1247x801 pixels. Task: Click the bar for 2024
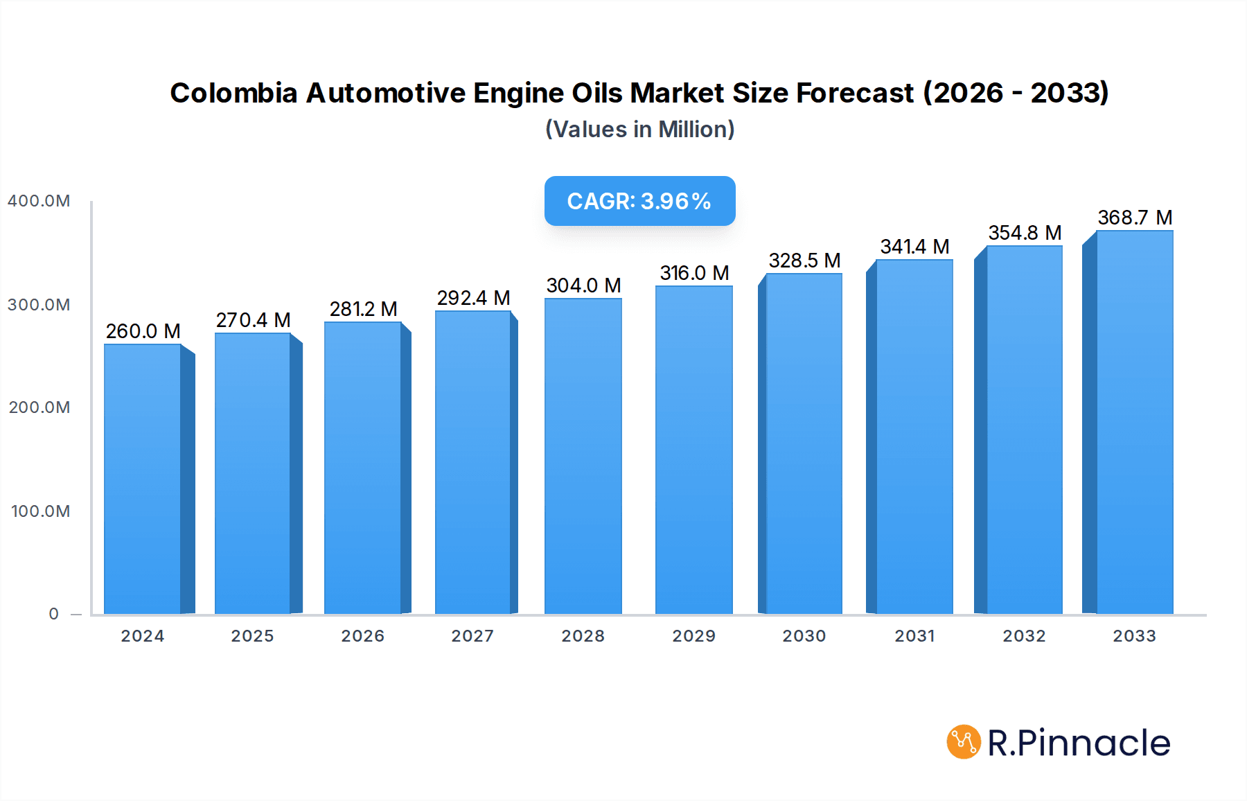point(143,478)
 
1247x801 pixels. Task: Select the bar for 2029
point(693,450)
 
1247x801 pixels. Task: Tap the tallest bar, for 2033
point(1134,423)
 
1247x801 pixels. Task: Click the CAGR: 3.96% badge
point(639,201)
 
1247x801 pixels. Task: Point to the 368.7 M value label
point(1135,218)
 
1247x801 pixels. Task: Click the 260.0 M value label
point(143,331)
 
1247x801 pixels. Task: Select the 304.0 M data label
point(583,285)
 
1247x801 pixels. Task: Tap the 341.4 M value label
point(914,247)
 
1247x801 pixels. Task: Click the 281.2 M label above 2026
point(363,309)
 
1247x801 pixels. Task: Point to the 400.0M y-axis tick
point(39,201)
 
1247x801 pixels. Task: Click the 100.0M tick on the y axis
point(40,511)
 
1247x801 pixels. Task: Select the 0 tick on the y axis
point(54,614)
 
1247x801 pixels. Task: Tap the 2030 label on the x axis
point(804,636)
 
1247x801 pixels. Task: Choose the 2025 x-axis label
point(252,636)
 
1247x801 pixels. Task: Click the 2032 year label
point(1024,636)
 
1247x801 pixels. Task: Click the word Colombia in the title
point(233,93)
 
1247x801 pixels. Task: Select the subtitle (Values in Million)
point(639,130)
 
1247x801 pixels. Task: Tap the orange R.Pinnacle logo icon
point(963,742)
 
